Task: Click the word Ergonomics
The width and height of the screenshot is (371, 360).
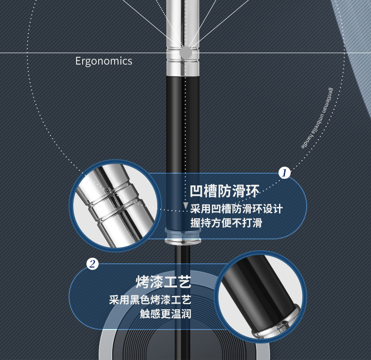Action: (x=103, y=61)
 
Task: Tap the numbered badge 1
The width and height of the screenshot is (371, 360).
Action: (x=284, y=173)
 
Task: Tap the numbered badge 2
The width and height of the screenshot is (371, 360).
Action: (x=93, y=264)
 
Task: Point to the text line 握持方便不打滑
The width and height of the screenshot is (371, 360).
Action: (x=226, y=223)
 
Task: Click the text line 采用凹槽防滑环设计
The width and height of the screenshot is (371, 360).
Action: (x=236, y=208)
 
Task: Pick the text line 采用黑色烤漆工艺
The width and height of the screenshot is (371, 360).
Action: (x=150, y=299)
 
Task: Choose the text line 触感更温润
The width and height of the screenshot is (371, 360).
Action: (x=165, y=314)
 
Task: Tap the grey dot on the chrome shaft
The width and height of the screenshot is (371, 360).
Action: (x=186, y=52)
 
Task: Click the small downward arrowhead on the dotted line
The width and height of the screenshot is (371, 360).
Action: (x=185, y=206)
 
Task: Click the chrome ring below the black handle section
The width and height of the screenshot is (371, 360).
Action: (x=184, y=241)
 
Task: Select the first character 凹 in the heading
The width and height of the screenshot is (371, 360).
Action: (x=196, y=192)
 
